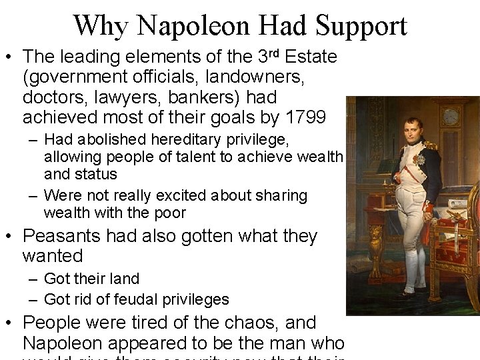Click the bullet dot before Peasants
(x=10, y=237)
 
